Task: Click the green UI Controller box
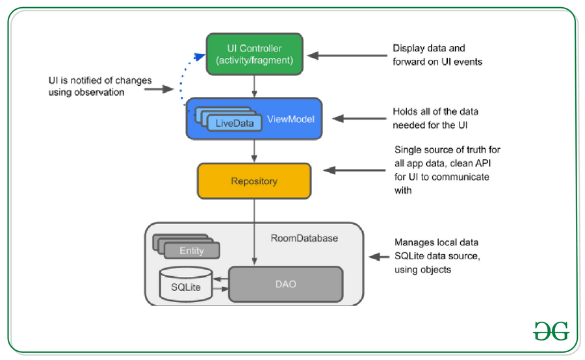[x=254, y=54]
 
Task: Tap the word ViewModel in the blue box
[x=291, y=119]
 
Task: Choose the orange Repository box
[x=254, y=181]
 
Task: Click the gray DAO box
[x=285, y=284]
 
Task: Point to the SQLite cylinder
[x=186, y=284]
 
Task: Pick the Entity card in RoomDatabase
[x=192, y=251]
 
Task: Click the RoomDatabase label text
[x=304, y=238]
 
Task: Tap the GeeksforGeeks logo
[x=551, y=330]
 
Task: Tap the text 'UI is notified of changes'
[x=100, y=81]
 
